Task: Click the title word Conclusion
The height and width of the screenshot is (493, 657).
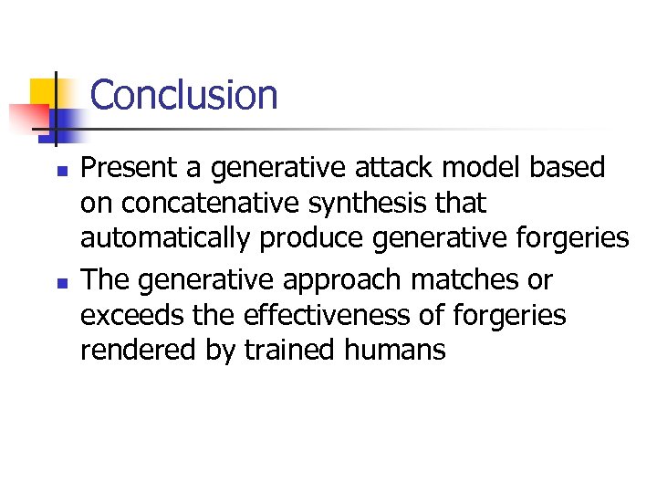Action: click(183, 95)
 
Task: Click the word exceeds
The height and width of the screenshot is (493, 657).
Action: click(134, 315)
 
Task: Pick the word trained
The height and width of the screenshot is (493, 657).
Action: click(285, 351)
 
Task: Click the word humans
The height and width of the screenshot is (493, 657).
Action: click(393, 351)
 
